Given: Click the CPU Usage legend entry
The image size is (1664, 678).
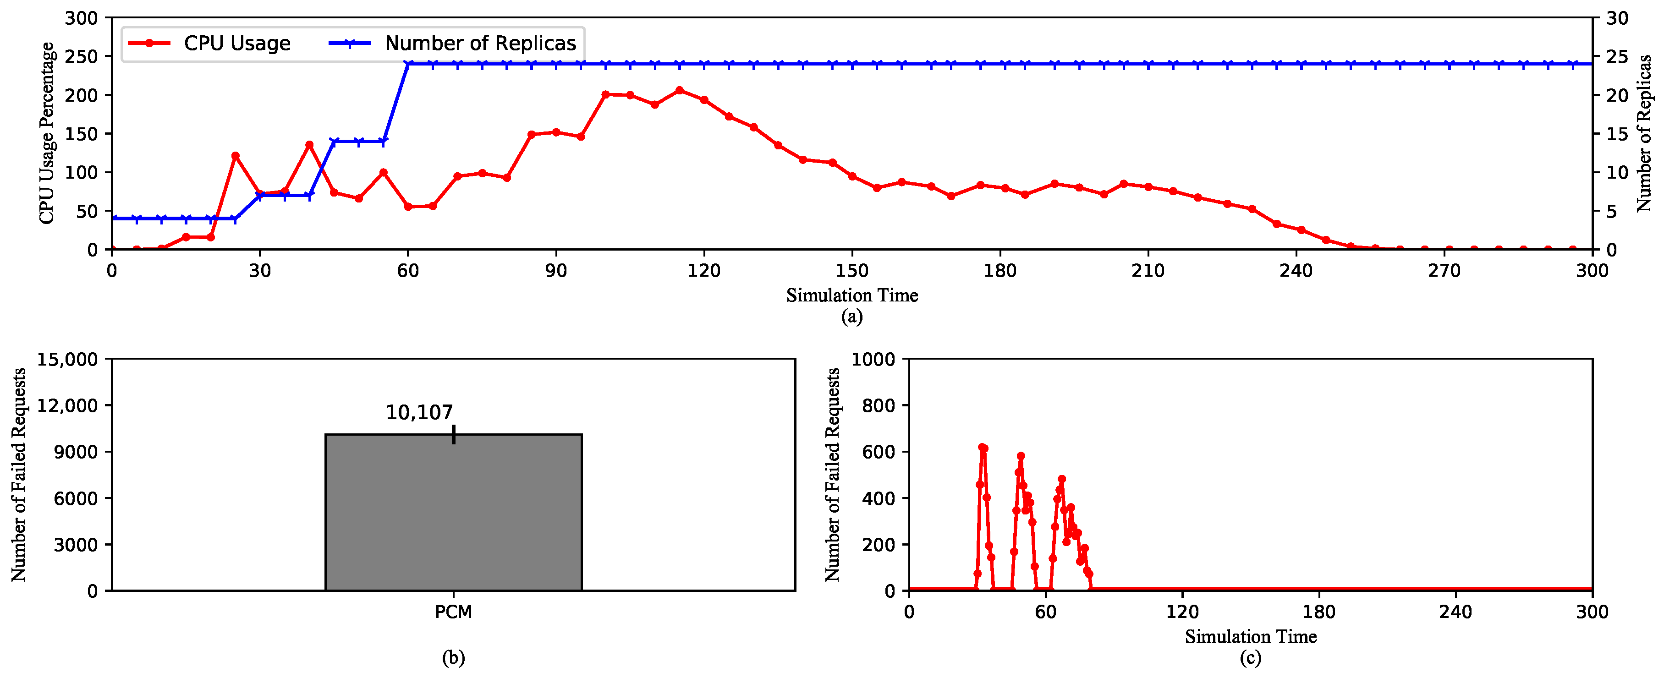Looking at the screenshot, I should pos(236,43).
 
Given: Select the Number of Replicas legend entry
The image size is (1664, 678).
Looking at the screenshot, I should pos(480,43).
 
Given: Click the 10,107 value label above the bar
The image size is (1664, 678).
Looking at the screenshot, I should pos(419,412).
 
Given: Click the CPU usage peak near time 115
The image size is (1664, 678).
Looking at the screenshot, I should pos(679,90).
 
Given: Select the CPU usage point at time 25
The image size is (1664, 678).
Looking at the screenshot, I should pos(235,156).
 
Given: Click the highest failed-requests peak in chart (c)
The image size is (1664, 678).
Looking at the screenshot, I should pos(983,447).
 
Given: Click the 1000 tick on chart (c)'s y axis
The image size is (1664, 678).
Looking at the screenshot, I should pos(873,359).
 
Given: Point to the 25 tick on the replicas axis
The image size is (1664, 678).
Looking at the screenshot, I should pos(1618,57).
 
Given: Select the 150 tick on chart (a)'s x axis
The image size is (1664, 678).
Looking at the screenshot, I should pos(852,270).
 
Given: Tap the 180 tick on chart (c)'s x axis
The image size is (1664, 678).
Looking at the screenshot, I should pos(1318,612).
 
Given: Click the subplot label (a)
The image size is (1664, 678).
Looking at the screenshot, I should pos(852,317).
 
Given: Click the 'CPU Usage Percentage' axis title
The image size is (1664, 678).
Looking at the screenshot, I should pos(46,134).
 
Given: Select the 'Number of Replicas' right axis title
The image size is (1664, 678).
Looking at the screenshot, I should pos(1644,134).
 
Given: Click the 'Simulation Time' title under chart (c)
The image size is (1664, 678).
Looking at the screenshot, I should pos(1251,637).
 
